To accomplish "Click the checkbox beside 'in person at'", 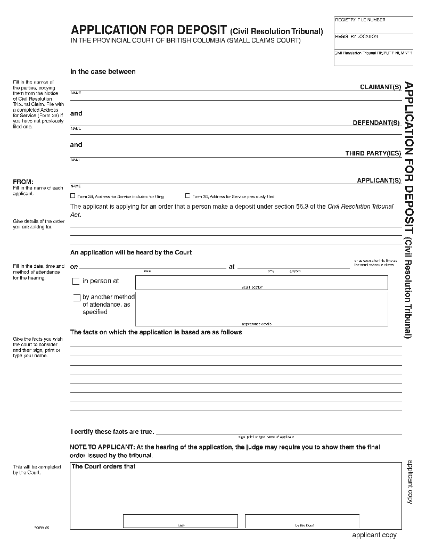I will [76, 281].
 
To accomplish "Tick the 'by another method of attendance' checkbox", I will [77, 298].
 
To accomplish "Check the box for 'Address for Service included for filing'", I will [73, 196].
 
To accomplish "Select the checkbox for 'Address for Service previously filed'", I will [187, 196].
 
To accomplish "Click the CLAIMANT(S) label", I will [380, 87].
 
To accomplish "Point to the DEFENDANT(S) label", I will [376, 123].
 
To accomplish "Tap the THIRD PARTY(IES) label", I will [373, 154].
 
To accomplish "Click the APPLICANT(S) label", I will [379, 180].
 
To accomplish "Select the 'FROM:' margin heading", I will [23, 182].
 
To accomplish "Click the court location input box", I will [261, 282].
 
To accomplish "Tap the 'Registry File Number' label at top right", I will [360, 20].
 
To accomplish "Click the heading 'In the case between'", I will [103, 72].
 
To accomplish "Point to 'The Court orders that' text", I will [104, 467].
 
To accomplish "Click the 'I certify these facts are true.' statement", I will [112, 431].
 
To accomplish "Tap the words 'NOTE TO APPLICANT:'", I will [102, 447].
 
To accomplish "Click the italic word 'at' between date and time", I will [232, 267].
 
